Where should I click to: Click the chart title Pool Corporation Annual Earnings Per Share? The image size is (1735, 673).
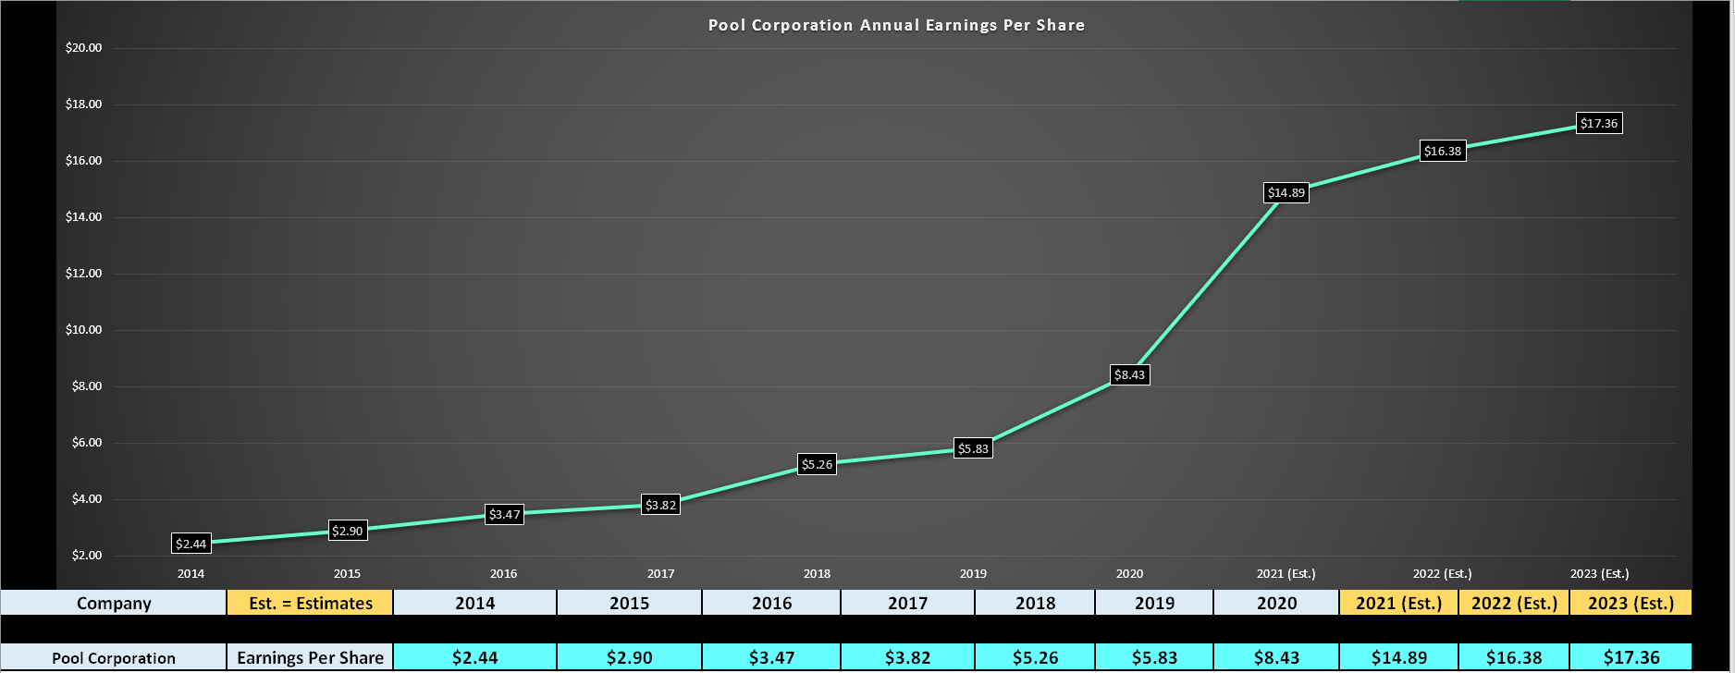896,25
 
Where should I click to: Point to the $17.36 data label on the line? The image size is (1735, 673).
1599,123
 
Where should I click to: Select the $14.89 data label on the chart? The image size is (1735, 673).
1286,192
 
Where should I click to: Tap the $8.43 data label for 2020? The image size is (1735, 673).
1129,374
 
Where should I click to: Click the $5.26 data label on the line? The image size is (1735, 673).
817,464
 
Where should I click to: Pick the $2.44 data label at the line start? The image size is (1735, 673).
191,544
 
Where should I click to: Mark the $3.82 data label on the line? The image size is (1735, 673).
661,505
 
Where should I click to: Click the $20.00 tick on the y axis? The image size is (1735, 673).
83,48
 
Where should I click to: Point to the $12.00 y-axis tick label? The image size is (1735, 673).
83,274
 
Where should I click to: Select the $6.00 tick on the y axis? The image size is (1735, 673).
86,443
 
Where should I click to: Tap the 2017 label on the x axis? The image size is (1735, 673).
660,573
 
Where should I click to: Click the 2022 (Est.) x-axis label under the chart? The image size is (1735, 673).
1442,573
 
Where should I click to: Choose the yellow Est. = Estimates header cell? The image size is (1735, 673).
310,603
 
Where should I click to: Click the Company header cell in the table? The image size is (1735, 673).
114,603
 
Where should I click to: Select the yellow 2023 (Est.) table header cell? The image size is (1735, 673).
1630,603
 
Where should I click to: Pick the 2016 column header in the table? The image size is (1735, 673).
771,603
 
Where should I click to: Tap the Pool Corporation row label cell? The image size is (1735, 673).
114,657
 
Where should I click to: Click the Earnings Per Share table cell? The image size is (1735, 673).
310,657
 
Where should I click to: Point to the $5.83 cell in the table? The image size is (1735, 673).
1154,657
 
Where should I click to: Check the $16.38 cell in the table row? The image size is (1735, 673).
1514,657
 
